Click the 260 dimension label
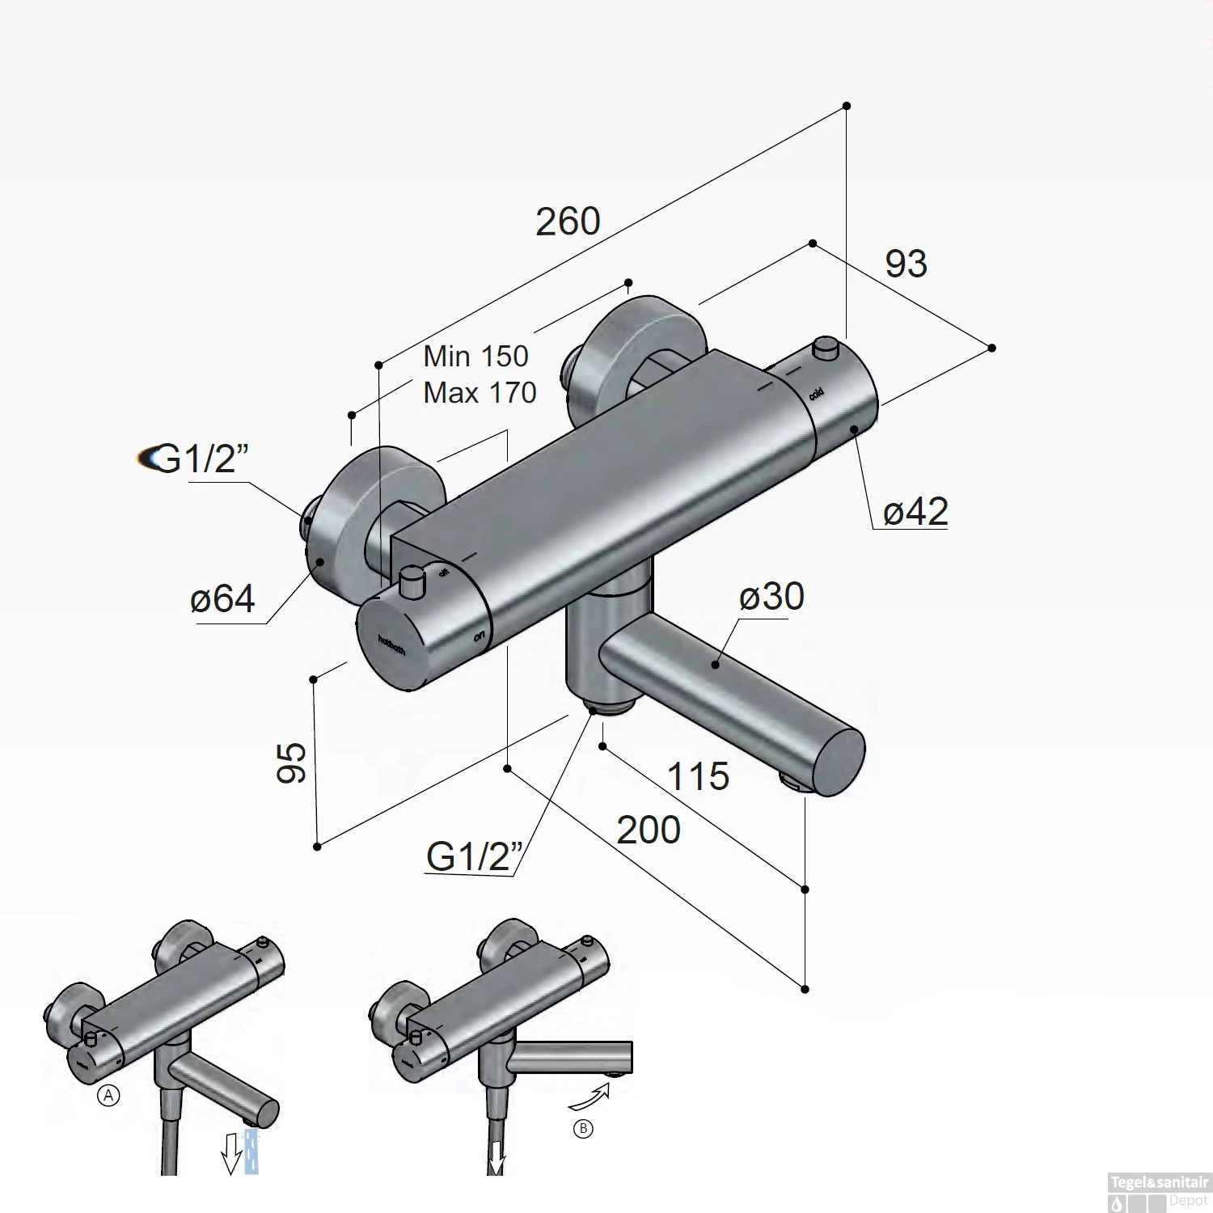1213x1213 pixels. [x=568, y=222]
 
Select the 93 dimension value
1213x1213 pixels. [x=906, y=264]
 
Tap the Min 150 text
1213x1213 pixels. [x=475, y=356]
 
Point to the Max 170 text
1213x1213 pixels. [x=480, y=393]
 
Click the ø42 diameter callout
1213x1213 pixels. [x=915, y=511]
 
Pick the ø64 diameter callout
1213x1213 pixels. [x=222, y=599]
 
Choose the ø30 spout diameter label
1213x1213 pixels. [x=771, y=597]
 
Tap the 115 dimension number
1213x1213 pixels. [x=698, y=777]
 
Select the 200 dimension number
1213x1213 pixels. [x=649, y=831]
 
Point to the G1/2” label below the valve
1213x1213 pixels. [x=474, y=856]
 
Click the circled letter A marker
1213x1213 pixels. [x=108, y=1096]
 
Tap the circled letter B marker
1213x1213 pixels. [x=582, y=1129]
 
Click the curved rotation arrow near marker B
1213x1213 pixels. [x=587, y=1100]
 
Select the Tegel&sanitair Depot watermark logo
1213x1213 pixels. [x=1158, y=1192]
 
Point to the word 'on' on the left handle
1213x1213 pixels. [x=479, y=636]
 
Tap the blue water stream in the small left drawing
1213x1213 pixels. [x=251, y=1152]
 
